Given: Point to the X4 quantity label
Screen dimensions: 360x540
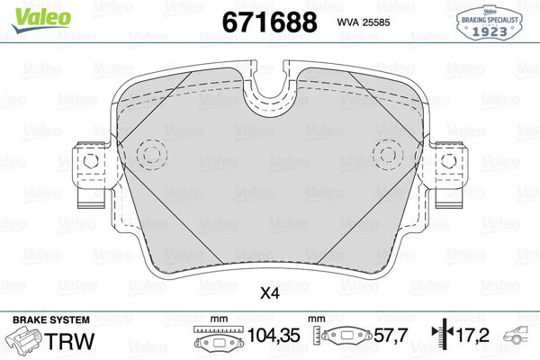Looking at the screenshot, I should point(269,292).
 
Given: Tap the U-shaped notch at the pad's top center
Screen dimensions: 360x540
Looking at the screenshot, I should point(269,90).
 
